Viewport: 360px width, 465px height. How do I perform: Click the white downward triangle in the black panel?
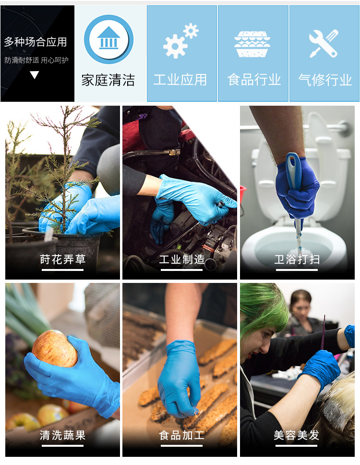[35, 75]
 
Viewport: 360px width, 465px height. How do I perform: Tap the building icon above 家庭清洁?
[108, 39]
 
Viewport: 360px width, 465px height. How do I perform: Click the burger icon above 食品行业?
[252, 44]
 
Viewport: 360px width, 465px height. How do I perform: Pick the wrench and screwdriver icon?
[324, 43]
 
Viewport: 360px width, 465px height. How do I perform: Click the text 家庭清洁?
[108, 80]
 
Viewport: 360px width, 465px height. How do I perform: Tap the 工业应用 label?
[180, 80]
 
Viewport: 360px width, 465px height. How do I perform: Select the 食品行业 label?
[254, 80]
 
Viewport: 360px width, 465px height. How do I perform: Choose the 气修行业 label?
[325, 80]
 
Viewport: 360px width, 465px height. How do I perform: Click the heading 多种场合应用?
[36, 42]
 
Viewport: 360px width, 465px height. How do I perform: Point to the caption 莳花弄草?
[63, 259]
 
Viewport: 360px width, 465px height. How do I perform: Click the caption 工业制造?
[182, 259]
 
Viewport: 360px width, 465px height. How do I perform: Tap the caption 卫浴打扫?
[297, 259]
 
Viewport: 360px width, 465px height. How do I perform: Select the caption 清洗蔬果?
[63, 435]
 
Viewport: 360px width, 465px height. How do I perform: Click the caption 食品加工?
[182, 435]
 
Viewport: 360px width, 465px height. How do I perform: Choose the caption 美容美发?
[297, 435]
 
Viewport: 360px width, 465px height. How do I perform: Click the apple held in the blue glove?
[55, 348]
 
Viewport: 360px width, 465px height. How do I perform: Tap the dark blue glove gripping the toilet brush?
[297, 186]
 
